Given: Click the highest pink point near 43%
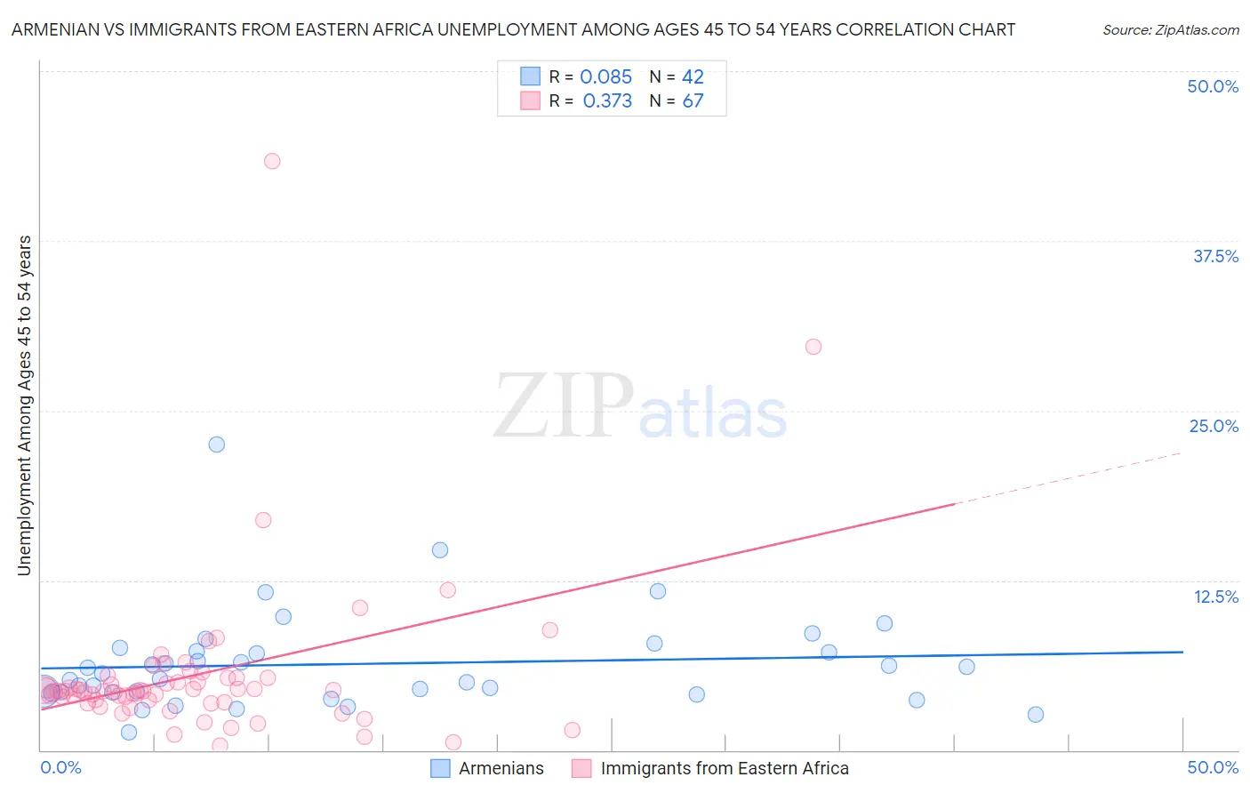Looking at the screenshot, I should point(272,161).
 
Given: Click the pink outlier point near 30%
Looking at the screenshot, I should point(813,347).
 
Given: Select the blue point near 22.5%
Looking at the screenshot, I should point(216,445).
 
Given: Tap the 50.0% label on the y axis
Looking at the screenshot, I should point(1213,86).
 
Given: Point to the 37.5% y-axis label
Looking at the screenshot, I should point(1215,256).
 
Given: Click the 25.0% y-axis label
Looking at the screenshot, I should point(1214,426).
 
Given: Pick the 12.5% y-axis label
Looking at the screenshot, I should point(1215,597).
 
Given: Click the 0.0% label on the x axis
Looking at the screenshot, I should point(60,767).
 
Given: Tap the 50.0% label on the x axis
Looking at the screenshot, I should point(1213,767).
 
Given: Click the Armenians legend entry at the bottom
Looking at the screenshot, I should point(501,768).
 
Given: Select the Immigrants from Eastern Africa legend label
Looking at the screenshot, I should point(724,768).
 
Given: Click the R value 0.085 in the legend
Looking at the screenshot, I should point(605,77).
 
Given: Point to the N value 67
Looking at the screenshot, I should point(693,101).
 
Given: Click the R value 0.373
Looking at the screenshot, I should point(607,101).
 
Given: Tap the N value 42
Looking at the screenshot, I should point(693,77).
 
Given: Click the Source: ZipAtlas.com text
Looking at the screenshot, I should point(1170,30).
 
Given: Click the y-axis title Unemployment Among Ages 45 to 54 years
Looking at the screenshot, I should point(25,405).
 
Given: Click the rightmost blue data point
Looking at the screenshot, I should point(1035,714).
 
